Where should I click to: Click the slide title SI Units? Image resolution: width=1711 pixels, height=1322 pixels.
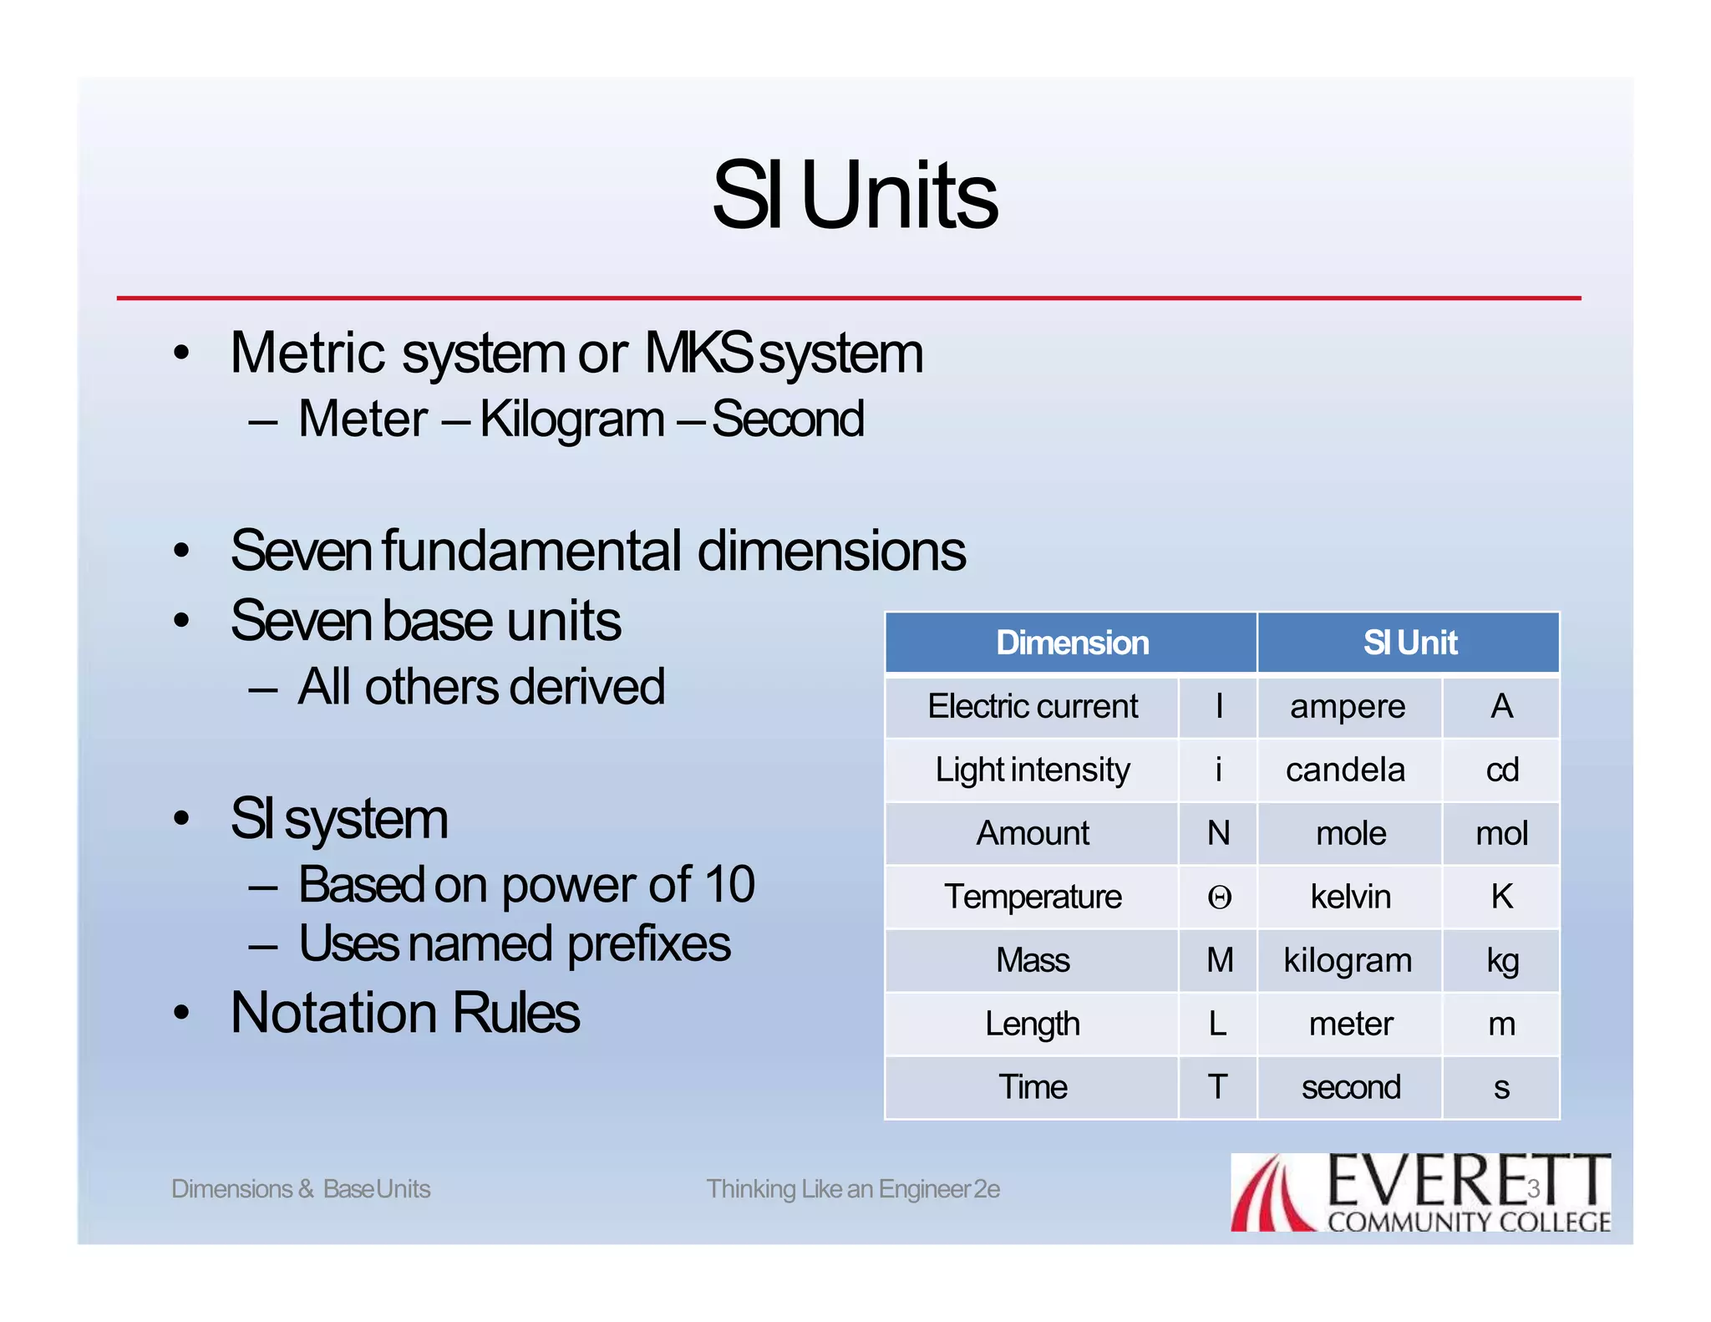855,196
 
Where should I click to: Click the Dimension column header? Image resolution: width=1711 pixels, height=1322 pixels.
1072,643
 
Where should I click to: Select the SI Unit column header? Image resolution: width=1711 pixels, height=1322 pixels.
1409,643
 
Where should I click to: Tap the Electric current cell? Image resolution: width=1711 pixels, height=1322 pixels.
1032,707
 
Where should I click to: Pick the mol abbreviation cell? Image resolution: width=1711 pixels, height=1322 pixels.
1501,833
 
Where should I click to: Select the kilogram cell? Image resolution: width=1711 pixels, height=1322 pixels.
1348,960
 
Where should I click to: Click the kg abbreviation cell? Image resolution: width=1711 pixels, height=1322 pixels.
1501,961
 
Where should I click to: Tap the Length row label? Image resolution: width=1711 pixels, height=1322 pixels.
1032,1024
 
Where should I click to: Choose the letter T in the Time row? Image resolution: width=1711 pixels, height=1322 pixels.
1217,1087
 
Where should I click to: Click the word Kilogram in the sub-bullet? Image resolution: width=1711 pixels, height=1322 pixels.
571,419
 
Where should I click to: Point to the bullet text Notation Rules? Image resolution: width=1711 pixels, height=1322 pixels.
404,1013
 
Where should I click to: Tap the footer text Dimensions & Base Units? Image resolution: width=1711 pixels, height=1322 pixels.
301,1188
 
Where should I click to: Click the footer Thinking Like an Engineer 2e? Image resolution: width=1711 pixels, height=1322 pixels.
853,1188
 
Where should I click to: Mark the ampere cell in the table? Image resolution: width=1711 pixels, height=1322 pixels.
1348,707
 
